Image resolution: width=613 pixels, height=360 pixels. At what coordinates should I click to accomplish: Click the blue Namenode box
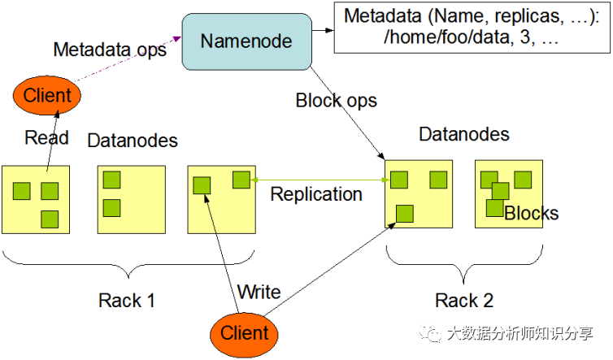tap(246, 40)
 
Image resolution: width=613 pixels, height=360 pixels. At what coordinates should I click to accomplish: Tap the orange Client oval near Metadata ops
tap(47, 96)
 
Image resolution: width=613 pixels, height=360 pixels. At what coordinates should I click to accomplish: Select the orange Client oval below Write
tap(244, 332)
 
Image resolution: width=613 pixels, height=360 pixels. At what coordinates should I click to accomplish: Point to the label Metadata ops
tap(110, 49)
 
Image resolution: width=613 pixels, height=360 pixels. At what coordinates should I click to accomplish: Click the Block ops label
tap(336, 101)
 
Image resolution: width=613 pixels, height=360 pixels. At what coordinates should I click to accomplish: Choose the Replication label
tap(316, 194)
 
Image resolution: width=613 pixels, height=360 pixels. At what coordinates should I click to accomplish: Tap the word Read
tap(46, 137)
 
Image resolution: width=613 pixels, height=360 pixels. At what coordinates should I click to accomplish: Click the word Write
tap(259, 291)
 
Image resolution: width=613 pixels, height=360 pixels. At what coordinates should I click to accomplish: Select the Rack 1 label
tap(126, 300)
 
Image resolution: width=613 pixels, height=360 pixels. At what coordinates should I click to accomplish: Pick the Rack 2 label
tap(464, 301)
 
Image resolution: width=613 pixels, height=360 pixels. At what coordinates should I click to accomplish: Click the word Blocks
tap(532, 214)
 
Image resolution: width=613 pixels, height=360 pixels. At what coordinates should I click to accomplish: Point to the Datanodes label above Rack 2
tap(464, 134)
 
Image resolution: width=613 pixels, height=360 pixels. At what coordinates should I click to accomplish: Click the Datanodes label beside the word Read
tap(133, 140)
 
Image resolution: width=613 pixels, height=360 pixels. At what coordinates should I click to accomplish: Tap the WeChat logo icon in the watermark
tap(428, 333)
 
